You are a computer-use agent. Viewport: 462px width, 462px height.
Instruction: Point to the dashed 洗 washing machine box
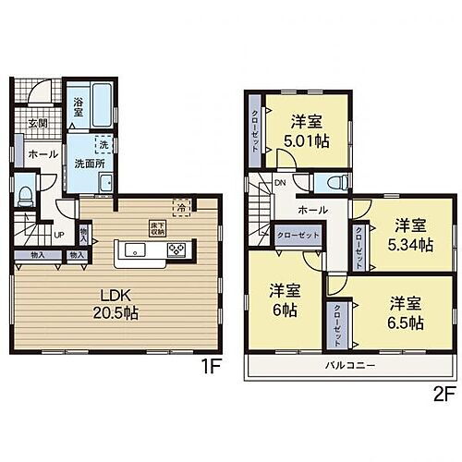(x=103, y=145)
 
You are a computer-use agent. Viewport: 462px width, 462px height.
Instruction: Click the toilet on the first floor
(x=26, y=193)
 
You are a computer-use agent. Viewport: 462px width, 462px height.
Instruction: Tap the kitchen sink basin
(x=134, y=249)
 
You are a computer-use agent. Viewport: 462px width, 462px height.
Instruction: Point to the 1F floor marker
(x=210, y=365)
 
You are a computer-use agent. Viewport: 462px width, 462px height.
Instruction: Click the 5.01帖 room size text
(x=305, y=141)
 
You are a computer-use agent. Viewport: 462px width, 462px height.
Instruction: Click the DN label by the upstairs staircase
(x=280, y=182)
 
